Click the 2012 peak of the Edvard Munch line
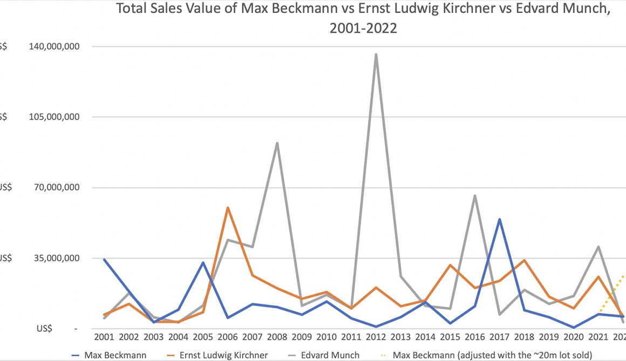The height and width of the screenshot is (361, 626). (x=376, y=54)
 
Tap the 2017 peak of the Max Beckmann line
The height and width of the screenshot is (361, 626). (x=500, y=219)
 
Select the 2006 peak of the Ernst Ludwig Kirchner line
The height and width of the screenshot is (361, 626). (x=227, y=207)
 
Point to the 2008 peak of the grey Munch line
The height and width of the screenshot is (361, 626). (x=277, y=143)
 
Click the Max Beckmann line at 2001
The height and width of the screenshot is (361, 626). (x=104, y=260)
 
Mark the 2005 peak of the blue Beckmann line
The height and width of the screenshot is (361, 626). (x=203, y=263)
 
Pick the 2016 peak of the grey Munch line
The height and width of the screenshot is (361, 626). (x=474, y=195)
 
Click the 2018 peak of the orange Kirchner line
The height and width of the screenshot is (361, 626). (x=524, y=260)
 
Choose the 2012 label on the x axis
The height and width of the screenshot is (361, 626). (x=376, y=337)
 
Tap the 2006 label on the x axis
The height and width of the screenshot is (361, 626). (x=227, y=337)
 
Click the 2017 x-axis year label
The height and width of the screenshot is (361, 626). (x=499, y=337)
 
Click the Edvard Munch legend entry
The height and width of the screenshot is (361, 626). (x=329, y=355)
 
